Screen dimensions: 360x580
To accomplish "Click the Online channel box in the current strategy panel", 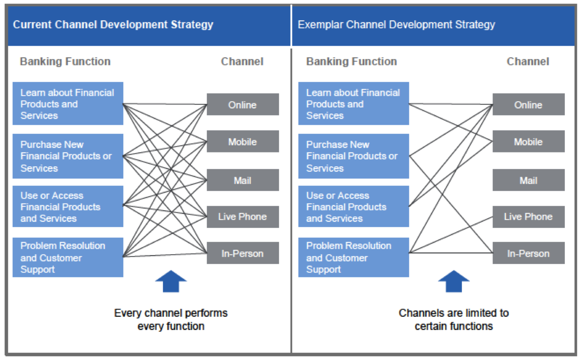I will coord(242,104).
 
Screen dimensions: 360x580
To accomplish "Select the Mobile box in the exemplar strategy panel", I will coord(528,141).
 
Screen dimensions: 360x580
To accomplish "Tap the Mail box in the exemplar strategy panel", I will coord(528,180).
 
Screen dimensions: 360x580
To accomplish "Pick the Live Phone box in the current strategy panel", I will coord(242,217).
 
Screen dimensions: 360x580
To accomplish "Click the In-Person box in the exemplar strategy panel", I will coord(528,253).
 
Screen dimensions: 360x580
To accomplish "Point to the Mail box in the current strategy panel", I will coord(242,180).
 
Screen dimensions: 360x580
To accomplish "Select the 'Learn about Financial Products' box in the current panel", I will coord(68,103).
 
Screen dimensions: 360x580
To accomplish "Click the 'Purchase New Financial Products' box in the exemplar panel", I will coord(353,156).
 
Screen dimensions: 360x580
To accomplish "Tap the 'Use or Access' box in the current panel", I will coord(68,206).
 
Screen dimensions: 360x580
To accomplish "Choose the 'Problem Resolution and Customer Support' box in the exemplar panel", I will coord(353,257).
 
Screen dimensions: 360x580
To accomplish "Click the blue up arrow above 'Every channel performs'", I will coord(171,282).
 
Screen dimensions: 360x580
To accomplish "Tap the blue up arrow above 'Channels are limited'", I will coord(453,282).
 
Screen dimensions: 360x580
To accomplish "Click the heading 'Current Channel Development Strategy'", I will coord(113,24).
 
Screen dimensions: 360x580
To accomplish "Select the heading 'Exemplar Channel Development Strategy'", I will coord(396,24).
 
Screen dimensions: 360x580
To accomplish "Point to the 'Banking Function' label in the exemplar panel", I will coord(351,62).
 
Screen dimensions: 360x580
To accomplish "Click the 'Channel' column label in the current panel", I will coord(242,62).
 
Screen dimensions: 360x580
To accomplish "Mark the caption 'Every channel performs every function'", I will coord(171,319).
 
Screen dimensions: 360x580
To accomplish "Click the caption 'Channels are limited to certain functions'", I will coord(453,319).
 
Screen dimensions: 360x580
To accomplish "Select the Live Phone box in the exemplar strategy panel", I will coord(528,217).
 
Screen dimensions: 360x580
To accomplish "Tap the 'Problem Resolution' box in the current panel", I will coord(68,257).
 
